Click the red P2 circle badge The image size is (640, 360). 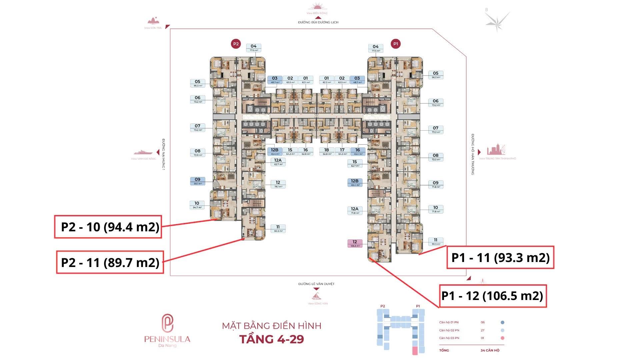point(236,44)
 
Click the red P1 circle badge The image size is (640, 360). point(396,44)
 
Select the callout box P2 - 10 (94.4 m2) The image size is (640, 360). point(108,227)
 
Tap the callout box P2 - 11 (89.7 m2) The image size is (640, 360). point(110,262)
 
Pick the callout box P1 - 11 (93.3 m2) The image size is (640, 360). point(500,257)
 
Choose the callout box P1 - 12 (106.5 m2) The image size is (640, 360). point(493,296)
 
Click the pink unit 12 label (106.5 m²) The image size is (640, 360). point(355,244)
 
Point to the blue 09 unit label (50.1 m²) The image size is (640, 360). point(198,181)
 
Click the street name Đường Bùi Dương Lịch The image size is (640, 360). point(318,22)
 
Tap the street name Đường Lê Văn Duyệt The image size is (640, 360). point(316,284)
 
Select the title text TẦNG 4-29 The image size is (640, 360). point(272,339)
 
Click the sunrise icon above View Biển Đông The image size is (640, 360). point(317,7)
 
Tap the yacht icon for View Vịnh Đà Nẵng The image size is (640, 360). point(143,152)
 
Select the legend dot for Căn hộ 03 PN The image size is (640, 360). point(502,338)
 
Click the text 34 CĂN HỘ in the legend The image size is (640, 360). point(490,350)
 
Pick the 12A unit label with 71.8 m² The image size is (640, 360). point(355,210)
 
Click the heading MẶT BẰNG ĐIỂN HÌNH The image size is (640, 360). point(272,326)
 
